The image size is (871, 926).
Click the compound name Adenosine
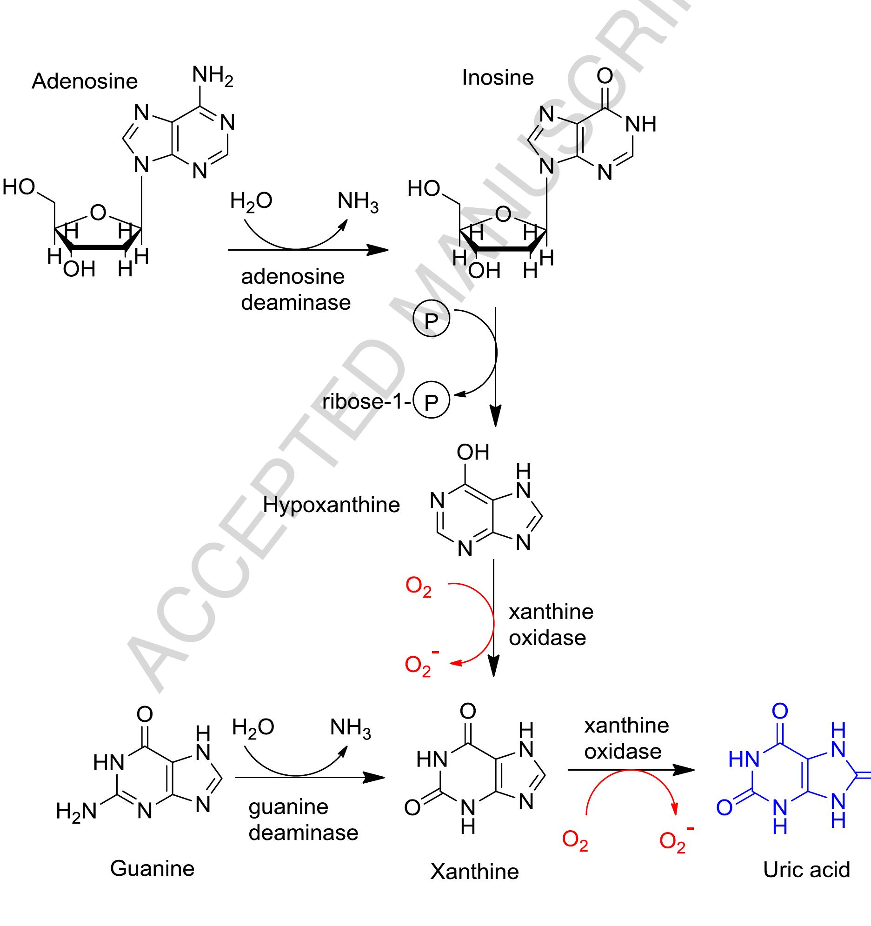pyautogui.click(x=85, y=81)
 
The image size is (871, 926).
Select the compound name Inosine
pyautogui.click(x=498, y=77)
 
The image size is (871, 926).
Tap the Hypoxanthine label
pyautogui.click(x=331, y=506)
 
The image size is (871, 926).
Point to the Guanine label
pyautogui.click(x=153, y=869)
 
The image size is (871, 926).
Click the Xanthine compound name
pyautogui.click(x=474, y=871)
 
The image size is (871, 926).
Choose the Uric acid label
pyautogui.click(x=807, y=869)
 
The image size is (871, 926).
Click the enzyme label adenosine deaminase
pyautogui.click(x=296, y=290)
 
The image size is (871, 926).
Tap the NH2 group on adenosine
pyautogui.click(x=213, y=76)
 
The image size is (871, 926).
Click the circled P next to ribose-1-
pyautogui.click(x=431, y=400)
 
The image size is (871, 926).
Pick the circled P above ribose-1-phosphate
pyautogui.click(x=431, y=319)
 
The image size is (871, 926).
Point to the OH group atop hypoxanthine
pyautogui.click(x=473, y=452)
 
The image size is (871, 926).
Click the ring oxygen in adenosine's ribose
pyautogui.click(x=98, y=213)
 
